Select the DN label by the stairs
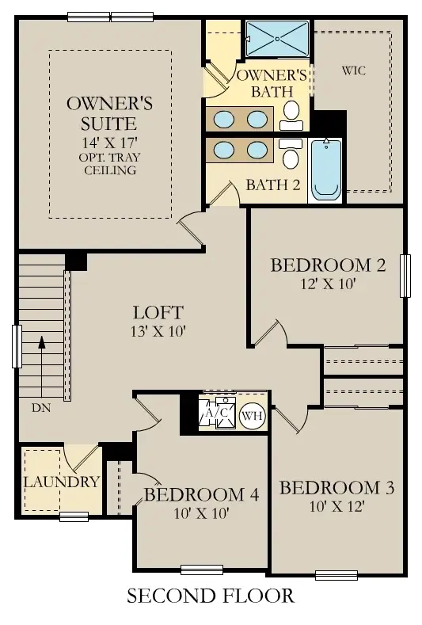41,409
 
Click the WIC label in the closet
354,71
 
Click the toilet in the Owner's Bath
291,113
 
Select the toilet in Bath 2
291,154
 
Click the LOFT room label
158,312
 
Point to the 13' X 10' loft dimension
158,331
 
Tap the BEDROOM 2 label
328,265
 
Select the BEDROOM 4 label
201,495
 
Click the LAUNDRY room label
61,482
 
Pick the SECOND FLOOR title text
211,596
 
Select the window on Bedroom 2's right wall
405,276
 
